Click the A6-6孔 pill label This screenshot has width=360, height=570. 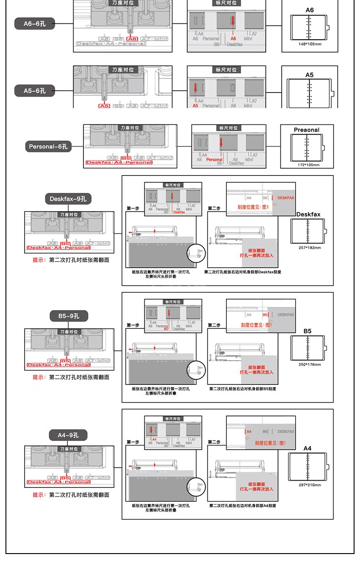coord(35,23)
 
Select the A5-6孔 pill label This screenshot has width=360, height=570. coord(35,90)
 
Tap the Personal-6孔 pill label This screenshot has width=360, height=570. coord(48,147)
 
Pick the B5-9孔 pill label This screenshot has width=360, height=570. coord(68,316)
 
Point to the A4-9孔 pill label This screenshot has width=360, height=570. coord(68,435)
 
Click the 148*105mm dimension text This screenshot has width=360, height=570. coord(309,44)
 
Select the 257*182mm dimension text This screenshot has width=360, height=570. coord(309,248)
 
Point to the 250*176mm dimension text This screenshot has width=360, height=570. coord(309,364)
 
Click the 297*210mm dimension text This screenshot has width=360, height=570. coord(309,485)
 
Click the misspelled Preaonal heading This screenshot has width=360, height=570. coord(307,130)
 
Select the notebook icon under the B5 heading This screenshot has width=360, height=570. coord(309,348)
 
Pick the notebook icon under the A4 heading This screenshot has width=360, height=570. coord(309,466)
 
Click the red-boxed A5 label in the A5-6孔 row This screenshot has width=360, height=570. coord(104,106)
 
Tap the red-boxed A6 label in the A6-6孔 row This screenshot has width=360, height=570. coord(133,39)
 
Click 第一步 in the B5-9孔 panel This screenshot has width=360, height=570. coord(133,325)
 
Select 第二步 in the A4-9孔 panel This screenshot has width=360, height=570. coord(214,442)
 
